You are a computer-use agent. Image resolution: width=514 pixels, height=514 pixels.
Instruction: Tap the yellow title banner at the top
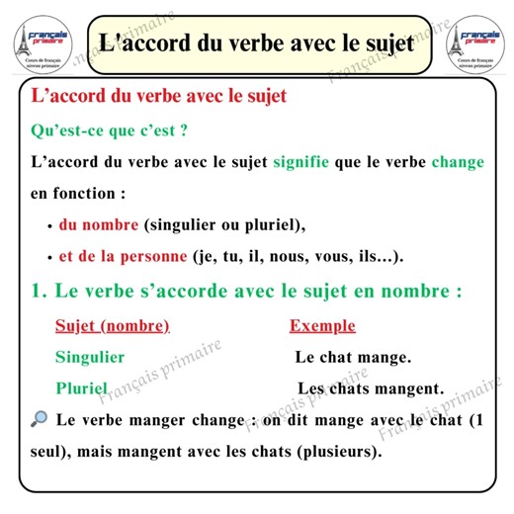click(256, 43)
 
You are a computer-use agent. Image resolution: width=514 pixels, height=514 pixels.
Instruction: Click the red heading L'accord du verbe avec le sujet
click(159, 97)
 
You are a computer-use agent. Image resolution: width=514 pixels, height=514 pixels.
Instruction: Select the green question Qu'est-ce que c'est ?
click(110, 130)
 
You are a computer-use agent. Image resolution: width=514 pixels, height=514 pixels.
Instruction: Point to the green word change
click(458, 161)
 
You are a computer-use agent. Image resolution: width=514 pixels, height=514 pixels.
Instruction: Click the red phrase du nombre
click(98, 224)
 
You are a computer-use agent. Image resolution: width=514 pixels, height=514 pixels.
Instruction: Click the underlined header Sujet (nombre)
click(113, 326)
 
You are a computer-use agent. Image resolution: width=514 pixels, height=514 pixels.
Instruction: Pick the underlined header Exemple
click(322, 326)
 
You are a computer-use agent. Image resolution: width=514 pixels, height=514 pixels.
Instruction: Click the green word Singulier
click(90, 357)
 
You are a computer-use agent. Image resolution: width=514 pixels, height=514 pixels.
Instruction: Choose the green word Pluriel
click(81, 387)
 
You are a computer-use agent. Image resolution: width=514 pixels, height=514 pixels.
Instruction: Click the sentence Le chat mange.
click(353, 357)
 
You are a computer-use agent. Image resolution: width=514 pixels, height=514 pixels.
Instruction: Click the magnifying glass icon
click(40, 419)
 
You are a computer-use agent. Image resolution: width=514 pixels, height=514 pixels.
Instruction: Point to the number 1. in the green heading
click(40, 293)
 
